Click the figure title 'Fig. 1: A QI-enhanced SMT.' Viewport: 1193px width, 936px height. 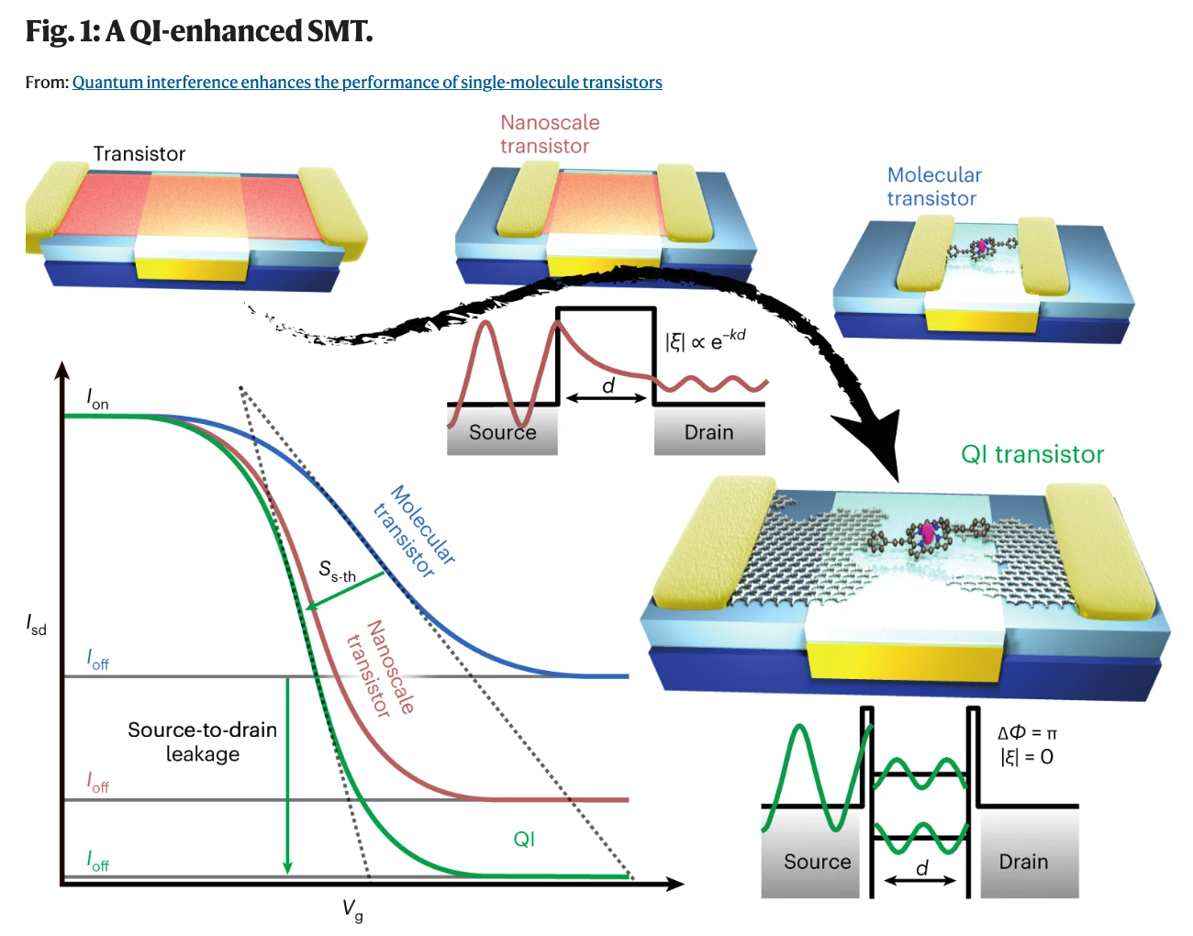[x=199, y=31]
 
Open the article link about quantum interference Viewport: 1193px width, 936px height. [x=367, y=83]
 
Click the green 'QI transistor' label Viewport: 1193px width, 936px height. [x=1031, y=454]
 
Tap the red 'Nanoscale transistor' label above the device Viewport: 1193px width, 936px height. [x=549, y=134]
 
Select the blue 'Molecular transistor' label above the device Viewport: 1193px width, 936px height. [x=933, y=186]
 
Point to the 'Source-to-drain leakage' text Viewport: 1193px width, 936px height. [x=202, y=741]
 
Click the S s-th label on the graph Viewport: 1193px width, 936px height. [x=337, y=571]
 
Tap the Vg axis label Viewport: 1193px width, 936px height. [x=352, y=909]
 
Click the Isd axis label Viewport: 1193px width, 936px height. [x=36, y=625]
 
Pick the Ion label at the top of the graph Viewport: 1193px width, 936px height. [x=97, y=398]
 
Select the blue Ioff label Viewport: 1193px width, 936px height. [x=97, y=659]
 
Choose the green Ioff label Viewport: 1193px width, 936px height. [x=97, y=861]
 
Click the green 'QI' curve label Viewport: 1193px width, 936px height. [x=524, y=839]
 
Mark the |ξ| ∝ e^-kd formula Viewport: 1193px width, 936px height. [x=705, y=339]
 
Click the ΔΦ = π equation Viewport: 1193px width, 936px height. [x=1027, y=733]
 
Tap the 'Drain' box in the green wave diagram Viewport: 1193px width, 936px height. [x=1023, y=862]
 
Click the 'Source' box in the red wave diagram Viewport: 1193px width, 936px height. [x=502, y=432]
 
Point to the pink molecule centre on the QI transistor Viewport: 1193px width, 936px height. [x=928, y=532]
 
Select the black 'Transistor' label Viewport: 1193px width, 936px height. [x=139, y=154]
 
